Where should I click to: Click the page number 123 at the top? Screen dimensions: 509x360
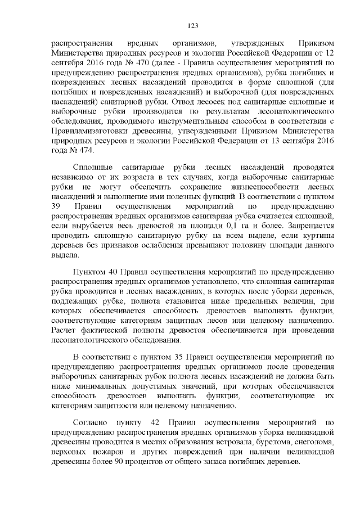191,25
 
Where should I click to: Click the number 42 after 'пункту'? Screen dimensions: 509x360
158,422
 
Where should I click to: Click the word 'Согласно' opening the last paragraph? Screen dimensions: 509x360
91,422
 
